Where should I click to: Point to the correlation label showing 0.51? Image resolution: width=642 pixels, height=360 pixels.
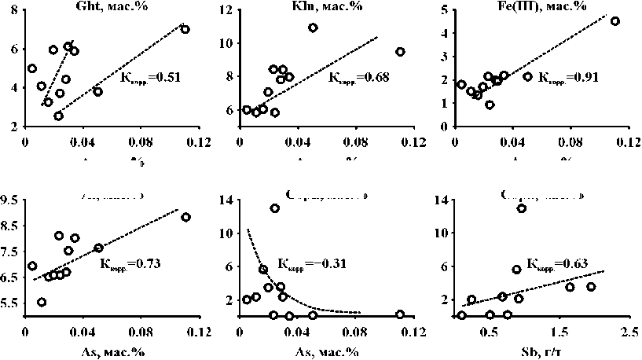(x=149, y=77)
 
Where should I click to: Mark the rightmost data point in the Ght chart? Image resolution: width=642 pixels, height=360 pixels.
(x=185, y=29)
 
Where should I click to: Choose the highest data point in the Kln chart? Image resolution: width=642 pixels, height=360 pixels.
(x=313, y=28)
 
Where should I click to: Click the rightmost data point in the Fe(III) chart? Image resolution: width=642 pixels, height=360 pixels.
(x=614, y=21)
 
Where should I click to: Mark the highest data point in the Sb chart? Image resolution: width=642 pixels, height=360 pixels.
(x=521, y=208)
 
